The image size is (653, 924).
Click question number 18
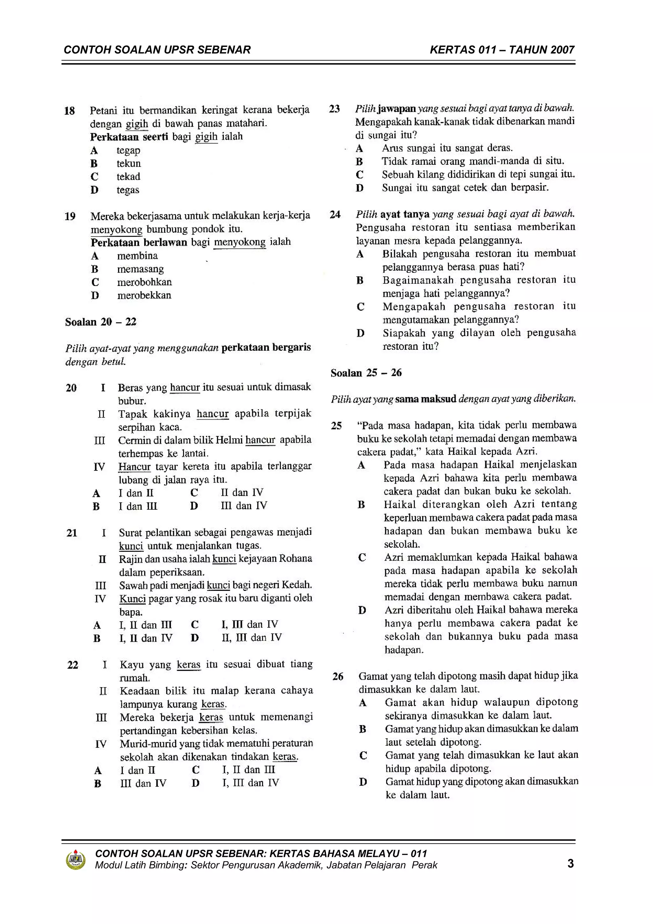(70, 111)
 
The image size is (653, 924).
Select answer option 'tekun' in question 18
(129, 163)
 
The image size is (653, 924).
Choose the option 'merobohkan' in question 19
(144, 282)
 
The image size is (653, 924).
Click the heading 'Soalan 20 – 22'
(100, 322)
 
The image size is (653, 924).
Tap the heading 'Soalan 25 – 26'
(366, 373)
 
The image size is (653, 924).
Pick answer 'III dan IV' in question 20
(244, 506)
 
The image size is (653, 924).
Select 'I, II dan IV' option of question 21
(146, 638)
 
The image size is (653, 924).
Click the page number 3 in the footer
(570, 864)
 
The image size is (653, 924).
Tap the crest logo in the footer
(75, 860)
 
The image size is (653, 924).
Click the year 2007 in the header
(562, 50)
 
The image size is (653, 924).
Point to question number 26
(338, 677)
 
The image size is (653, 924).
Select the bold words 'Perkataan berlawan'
(139, 243)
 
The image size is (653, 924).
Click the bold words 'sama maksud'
(425, 399)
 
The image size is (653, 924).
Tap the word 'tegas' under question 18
(128, 190)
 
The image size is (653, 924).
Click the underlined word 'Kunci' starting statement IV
(132, 599)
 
